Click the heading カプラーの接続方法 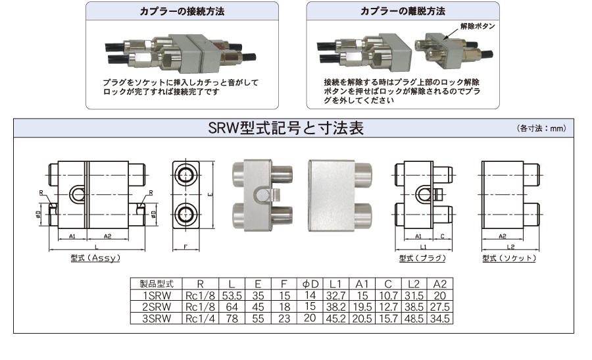point(182,11)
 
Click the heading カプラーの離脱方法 point(403,11)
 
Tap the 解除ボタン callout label point(478,26)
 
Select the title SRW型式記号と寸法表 point(286,128)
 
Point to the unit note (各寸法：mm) point(541,128)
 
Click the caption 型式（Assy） point(95,258)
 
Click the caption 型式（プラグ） point(422,259)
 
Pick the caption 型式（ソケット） point(509,259)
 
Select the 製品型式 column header point(157,284)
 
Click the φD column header point(310,284)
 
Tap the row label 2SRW point(157,307)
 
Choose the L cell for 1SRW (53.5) point(232,296)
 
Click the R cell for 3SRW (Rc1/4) point(200,319)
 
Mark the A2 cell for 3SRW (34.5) point(440,319)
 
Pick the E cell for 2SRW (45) point(258,307)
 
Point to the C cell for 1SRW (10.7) point(388,296)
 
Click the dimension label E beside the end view point(210,195)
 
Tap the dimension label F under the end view point(185,247)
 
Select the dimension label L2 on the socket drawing point(510,247)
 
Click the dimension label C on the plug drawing point(442,236)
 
